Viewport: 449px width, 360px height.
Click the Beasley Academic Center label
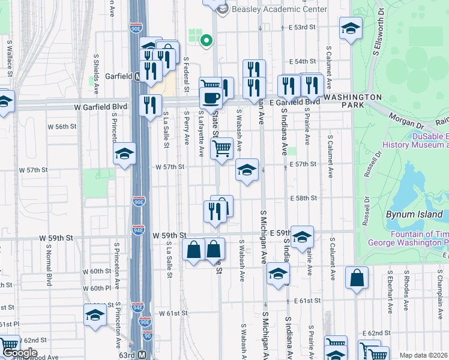279,10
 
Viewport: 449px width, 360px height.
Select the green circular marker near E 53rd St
206,41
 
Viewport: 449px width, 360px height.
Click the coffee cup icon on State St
210,97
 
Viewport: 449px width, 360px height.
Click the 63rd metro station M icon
142,355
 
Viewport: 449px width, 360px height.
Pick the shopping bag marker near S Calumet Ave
357,278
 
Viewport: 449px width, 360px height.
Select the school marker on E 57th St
246,170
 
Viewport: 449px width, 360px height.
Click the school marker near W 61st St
95,315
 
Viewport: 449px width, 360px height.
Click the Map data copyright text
423,356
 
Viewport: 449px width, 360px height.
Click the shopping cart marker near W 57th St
222,148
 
